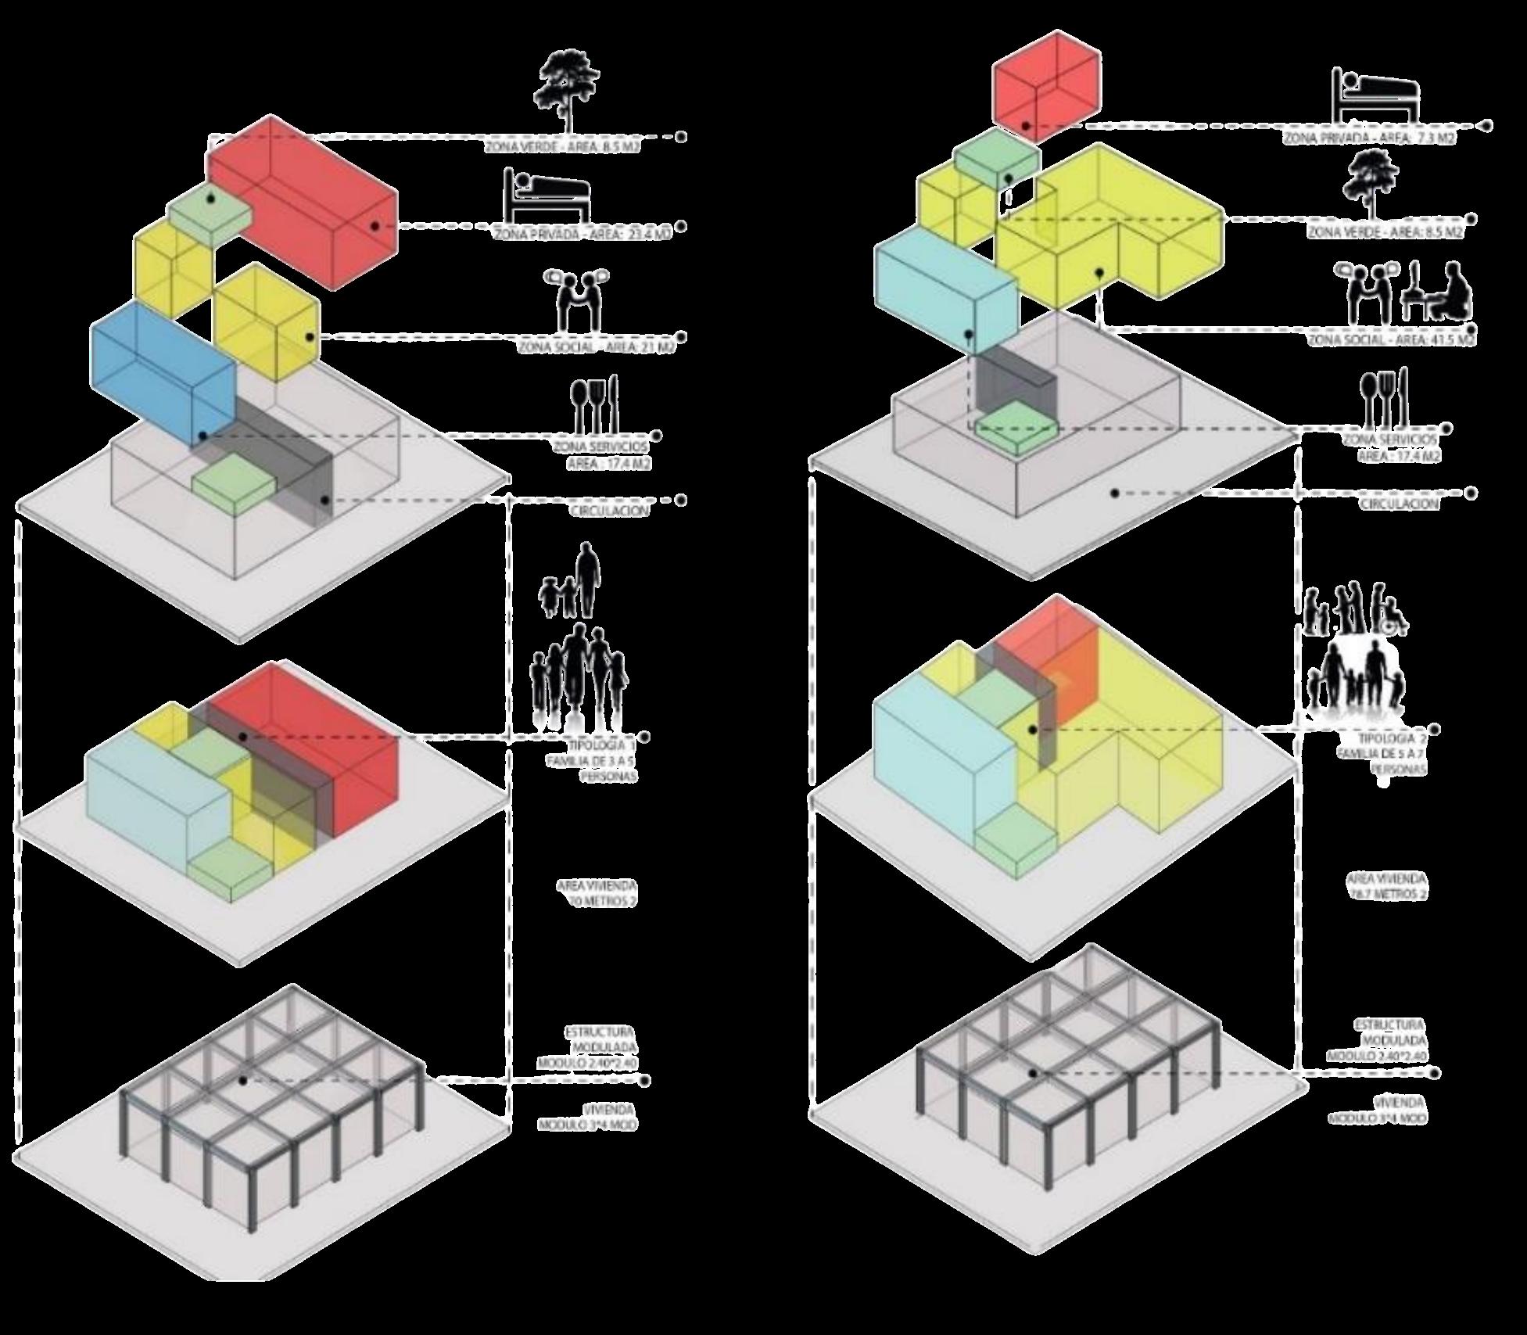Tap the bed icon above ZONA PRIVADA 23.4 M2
(547, 196)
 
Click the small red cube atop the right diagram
(1046, 88)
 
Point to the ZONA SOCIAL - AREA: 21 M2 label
(596, 347)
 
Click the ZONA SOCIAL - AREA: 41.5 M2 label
(1392, 340)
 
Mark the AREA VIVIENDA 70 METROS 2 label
(597, 894)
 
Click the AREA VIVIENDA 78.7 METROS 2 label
(1386, 886)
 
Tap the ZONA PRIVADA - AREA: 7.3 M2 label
(1368, 138)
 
